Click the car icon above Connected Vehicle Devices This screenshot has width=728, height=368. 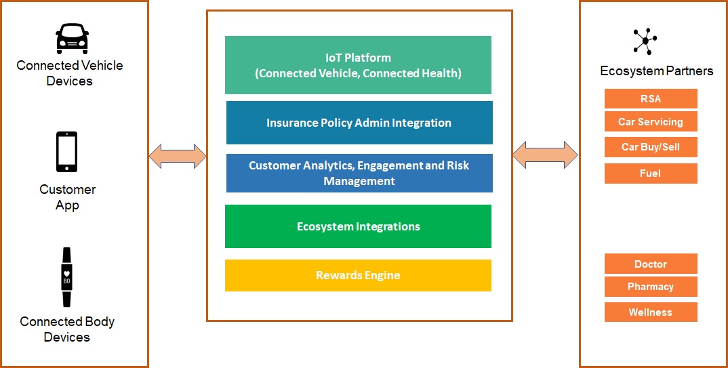coord(71,39)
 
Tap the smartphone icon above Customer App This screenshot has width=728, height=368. coord(66,151)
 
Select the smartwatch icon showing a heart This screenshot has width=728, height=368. coord(66,277)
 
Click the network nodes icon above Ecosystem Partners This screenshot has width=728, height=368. coord(644,41)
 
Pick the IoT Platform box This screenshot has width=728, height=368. coord(358,65)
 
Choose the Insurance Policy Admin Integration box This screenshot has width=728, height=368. coord(359,123)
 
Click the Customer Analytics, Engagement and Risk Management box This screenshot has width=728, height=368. coord(359,173)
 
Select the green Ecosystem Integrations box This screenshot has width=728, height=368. coord(358,226)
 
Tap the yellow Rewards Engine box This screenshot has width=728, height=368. coord(358,275)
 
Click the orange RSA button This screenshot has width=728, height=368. coord(651,99)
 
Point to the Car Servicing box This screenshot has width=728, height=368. coord(651,122)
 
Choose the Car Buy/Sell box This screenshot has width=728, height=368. coord(651,147)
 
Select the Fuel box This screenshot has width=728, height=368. coord(651,173)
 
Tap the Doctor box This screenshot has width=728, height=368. coord(651,264)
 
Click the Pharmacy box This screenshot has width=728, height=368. coord(651,287)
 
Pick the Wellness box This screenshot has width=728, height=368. coord(651,312)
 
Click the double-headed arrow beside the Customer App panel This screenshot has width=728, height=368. coord(178,156)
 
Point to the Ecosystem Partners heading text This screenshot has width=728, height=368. coord(656,71)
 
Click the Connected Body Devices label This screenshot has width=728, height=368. coord(67,329)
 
